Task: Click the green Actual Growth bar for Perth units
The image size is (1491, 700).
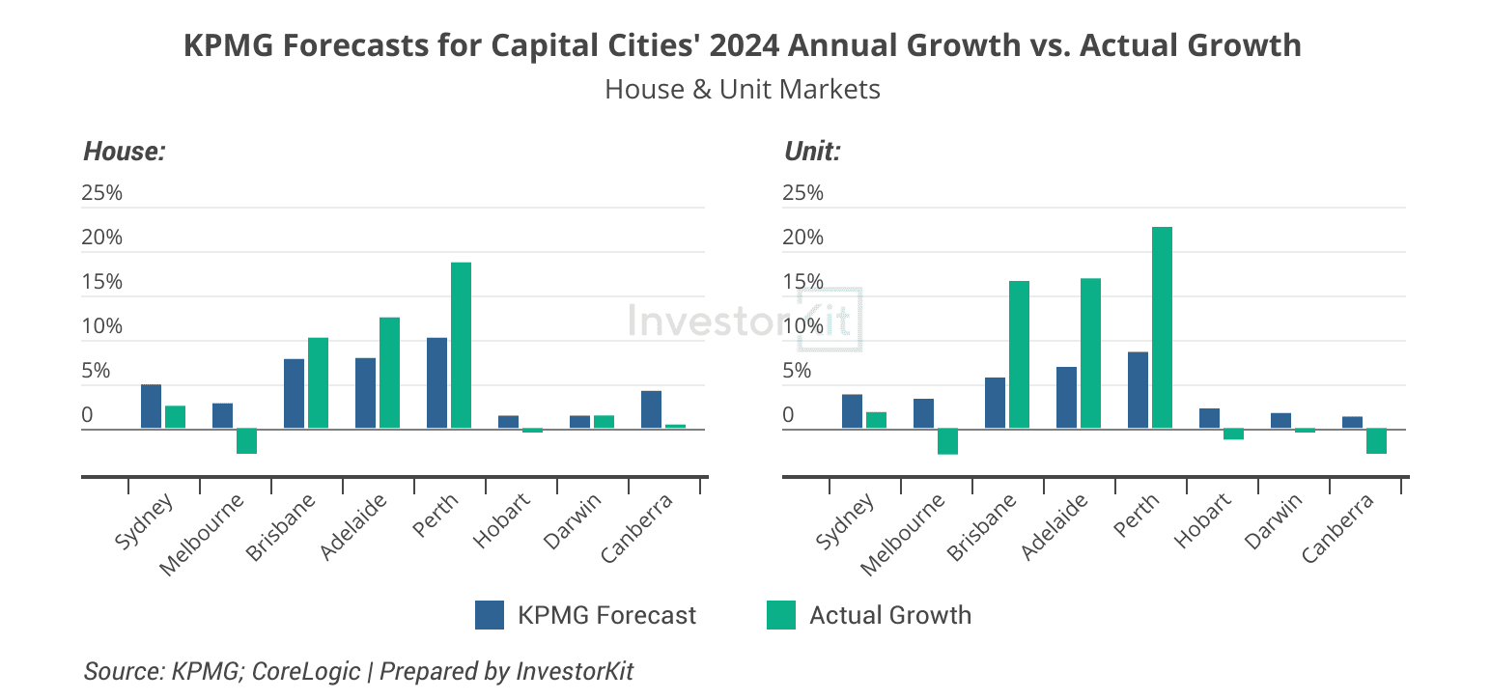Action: pyautogui.click(x=1162, y=327)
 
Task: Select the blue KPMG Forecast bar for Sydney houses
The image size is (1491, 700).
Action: pyautogui.click(x=151, y=406)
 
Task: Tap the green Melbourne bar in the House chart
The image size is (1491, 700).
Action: pyautogui.click(x=246, y=441)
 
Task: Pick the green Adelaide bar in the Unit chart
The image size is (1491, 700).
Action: pyautogui.click(x=1090, y=353)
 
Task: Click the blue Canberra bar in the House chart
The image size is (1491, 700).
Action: pyautogui.click(x=651, y=409)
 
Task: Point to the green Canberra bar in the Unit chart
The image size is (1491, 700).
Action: pyautogui.click(x=1376, y=441)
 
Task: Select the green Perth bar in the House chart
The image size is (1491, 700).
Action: pyautogui.click(x=461, y=346)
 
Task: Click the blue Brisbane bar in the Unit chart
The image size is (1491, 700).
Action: pyautogui.click(x=995, y=403)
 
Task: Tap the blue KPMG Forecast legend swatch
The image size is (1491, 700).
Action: pyautogui.click(x=490, y=615)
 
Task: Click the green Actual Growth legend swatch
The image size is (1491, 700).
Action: pyautogui.click(x=780, y=615)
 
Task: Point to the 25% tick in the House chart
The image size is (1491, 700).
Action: pyautogui.click(x=102, y=193)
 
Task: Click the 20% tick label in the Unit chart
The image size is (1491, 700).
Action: pyautogui.click(x=802, y=238)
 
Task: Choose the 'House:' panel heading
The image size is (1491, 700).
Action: pyautogui.click(x=125, y=152)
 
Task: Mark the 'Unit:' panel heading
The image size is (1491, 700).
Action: pyautogui.click(x=811, y=152)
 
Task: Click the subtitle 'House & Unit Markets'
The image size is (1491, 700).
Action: pyautogui.click(x=742, y=90)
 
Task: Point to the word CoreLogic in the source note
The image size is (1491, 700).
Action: pyautogui.click(x=305, y=671)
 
